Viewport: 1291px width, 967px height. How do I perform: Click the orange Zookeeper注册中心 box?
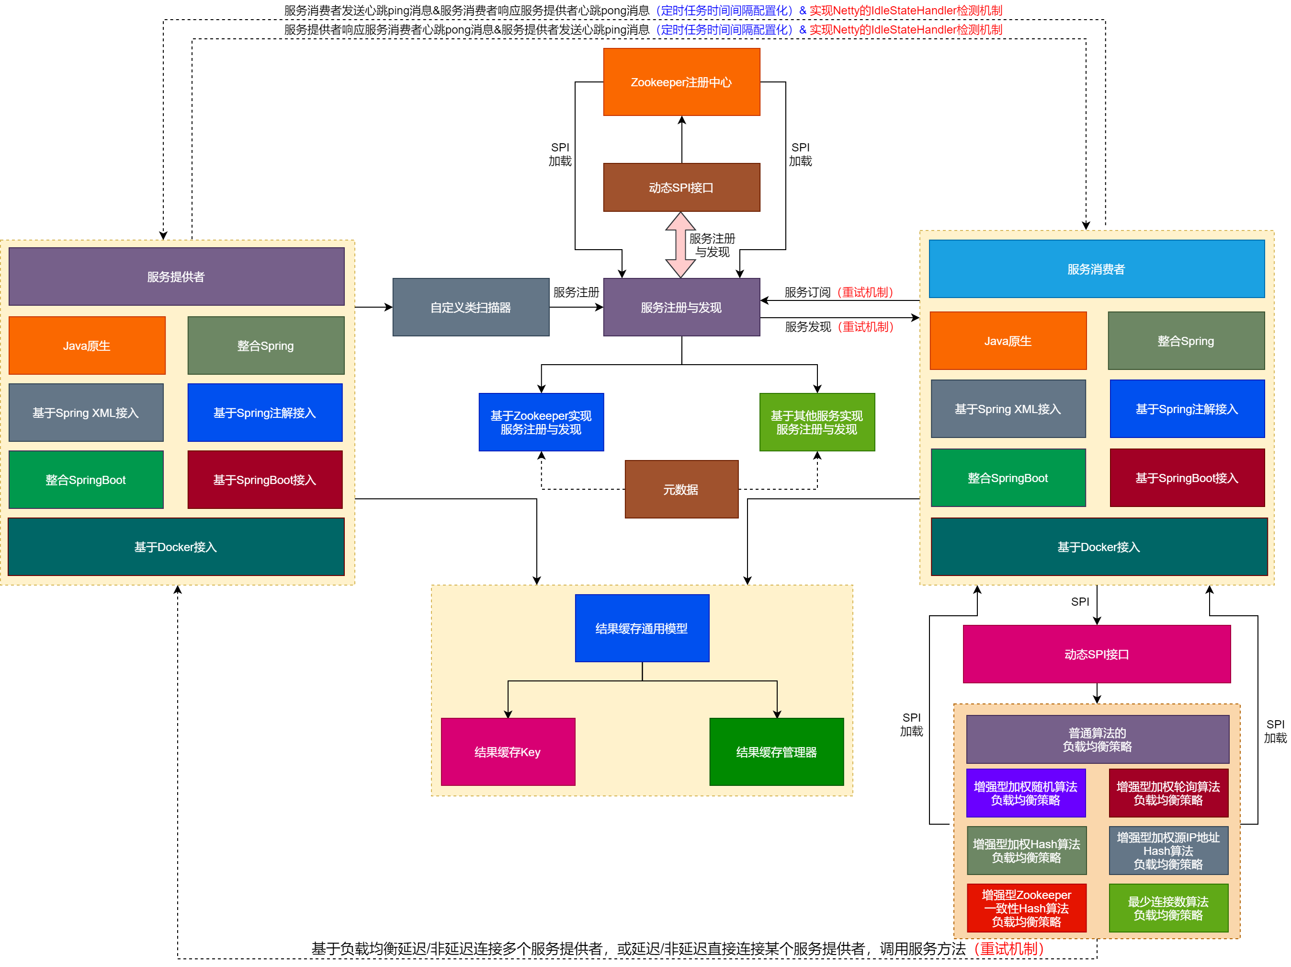pos(681,82)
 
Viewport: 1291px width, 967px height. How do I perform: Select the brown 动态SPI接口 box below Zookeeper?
pos(681,187)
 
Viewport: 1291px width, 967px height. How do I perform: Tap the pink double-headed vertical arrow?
pos(680,245)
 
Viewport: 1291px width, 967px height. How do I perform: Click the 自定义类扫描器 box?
pos(470,307)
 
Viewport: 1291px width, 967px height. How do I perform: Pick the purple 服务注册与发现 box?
pos(681,307)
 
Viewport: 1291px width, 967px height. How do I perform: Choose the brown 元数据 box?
pos(681,489)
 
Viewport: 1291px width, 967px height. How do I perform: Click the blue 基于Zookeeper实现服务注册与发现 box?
pos(541,422)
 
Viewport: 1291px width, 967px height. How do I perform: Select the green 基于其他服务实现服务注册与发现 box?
pos(816,422)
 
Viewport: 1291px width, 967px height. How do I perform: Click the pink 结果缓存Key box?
pos(508,751)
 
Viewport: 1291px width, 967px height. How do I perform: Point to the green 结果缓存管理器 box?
pos(776,751)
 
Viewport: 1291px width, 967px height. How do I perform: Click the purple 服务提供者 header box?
pos(176,276)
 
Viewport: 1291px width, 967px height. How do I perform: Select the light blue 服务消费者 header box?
pos(1096,269)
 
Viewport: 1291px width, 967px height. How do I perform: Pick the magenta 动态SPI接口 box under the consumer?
pos(1096,654)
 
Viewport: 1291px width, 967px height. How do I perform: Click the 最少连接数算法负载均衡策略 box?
pos(1168,908)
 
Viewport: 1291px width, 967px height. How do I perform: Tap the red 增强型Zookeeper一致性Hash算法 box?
pos(1026,908)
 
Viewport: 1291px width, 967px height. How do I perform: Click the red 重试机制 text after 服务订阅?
pos(865,292)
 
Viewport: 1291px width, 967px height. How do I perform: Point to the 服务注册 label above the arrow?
pos(576,292)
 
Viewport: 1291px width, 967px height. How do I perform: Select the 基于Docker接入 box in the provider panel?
pos(176,547)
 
